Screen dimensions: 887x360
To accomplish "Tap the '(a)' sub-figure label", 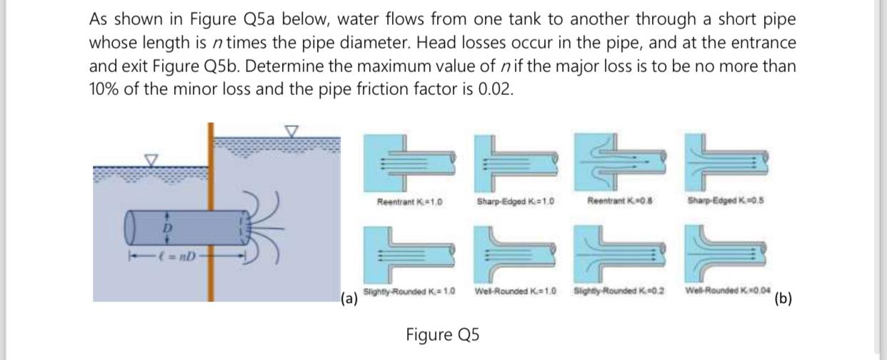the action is coord(349,298).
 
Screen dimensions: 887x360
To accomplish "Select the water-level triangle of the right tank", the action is coord(291,131).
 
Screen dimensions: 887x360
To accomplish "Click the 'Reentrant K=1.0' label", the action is coord(409,202).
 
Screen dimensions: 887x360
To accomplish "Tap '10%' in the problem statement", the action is coord(105,91).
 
